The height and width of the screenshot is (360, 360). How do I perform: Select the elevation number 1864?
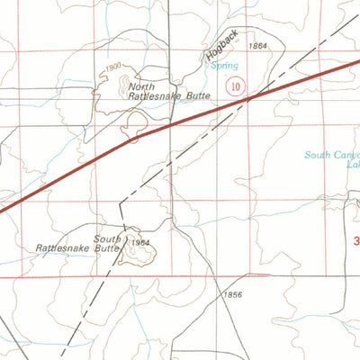click(x=259, y=45)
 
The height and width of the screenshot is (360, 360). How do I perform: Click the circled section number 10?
click(x=236, y=86)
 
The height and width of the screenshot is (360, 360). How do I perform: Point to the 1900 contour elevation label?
click(x=112, y=67)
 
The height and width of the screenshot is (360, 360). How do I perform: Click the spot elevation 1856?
click(x=233, y=295)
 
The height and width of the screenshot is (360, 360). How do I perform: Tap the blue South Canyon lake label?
click(x=330, y=154)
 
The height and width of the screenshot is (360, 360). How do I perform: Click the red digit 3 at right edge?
click(x=356, y=241)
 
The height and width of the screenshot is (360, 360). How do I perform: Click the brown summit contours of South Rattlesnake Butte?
click(x=139, y=253)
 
